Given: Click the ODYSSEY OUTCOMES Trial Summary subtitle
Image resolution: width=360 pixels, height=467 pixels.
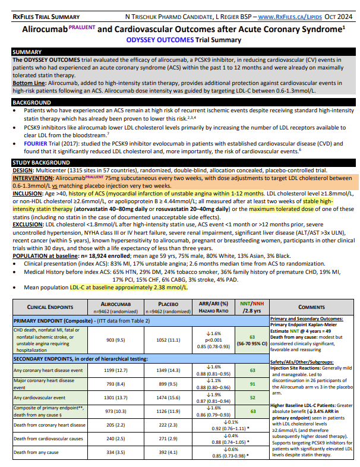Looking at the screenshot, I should (x=179, y=40).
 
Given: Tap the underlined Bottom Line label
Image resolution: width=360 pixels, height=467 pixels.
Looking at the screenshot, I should (x=27, y=84).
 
